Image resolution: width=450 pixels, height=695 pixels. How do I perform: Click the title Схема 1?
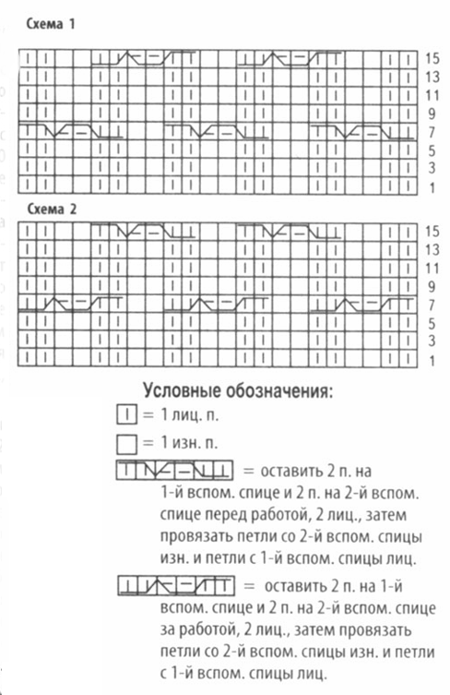51,27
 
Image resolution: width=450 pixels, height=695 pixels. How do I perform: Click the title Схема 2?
51,210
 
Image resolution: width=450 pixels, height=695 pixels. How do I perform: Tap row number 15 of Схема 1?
432,57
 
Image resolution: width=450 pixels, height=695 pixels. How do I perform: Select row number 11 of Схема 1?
431,96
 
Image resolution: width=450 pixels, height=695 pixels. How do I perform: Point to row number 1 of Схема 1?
431,187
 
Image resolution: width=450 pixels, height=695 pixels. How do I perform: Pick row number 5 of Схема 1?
431,150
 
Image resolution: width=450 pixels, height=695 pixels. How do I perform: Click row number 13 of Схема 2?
431,249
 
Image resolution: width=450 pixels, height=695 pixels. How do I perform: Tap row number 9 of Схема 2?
431,286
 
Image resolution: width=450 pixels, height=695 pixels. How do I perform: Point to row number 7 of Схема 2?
431,305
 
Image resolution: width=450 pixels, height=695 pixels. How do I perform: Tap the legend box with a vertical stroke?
128,414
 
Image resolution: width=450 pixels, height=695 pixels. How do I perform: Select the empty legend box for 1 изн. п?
128,442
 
